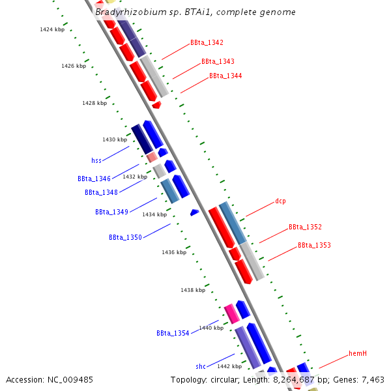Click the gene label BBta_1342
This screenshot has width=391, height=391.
[207, 43]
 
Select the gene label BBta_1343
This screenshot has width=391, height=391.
[218, 61]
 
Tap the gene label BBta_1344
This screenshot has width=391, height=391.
[225, 76]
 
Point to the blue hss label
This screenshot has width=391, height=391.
[96, 160]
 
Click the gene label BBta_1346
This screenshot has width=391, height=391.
[94, 179]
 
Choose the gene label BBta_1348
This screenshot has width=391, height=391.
[101, 192]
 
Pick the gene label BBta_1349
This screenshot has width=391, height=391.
[111, 212]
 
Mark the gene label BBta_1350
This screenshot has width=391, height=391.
[125, 237]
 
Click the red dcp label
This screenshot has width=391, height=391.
[280, 201]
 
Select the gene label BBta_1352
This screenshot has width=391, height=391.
[305, 227]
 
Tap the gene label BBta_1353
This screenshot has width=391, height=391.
[314, 246]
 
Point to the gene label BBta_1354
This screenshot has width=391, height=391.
[173, 333]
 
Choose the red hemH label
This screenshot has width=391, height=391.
[358, 353]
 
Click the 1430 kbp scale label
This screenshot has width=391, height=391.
[115, 140]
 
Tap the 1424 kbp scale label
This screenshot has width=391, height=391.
[52, 30]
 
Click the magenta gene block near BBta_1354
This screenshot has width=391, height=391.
[229, 314]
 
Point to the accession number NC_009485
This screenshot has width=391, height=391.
[49, 379]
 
